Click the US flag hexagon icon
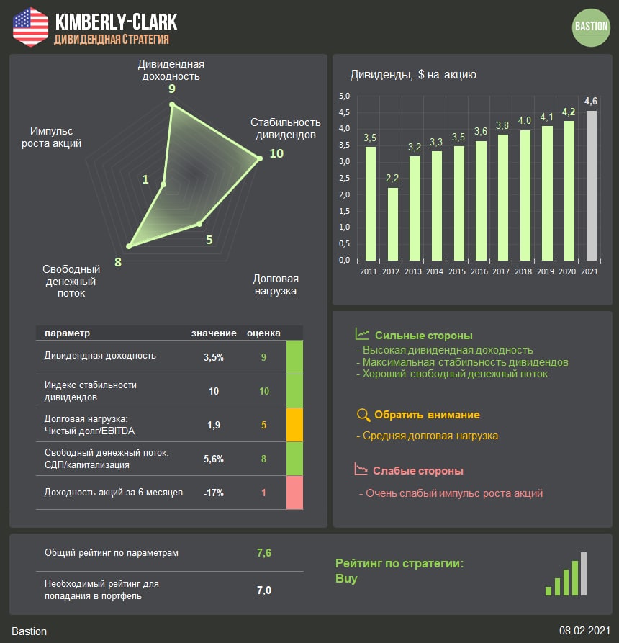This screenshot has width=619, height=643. pyautogui.click(x=30, y=27)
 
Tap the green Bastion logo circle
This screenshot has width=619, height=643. pyautogui.click(x=591, y=27)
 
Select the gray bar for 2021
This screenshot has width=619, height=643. pyautogui.click(x=591, y=185)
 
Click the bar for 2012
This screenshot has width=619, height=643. pyautogui.click(x=392, y=223)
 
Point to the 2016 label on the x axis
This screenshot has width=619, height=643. pyautogui.click(x=480, y=271)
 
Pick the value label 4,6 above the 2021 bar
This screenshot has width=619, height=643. pyautogui.click(x=591, y=100)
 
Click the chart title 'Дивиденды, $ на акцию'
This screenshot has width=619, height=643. pyautogui.click(x=413, y=74)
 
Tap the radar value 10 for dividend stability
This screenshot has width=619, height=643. pyautogui.click(x=276, y=153)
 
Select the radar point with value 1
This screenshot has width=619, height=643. pyautogui.click(x=163, y=184)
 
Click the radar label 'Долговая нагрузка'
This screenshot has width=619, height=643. pyautogui.click(x=276, y=284)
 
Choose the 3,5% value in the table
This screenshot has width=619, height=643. pyautogui.click(x=214, y=357)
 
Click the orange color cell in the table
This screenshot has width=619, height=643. pyautogui.click(x=294, y=425)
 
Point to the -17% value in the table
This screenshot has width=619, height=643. pyautogui.click(x=214, y=493)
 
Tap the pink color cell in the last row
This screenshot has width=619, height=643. pyautogui.click(x=294, y=493)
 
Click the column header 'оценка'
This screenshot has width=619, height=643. pyautogui.click(x=263, y=333)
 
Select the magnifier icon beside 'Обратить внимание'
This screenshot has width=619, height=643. pyautogui.click(x=363, y=415)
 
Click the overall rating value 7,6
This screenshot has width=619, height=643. pyautogui.click(x=264, y=553)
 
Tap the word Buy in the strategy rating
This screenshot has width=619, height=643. pyautogui.click(x=346, y=578)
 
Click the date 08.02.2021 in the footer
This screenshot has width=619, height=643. pyautogui.click(x=584, y=631)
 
